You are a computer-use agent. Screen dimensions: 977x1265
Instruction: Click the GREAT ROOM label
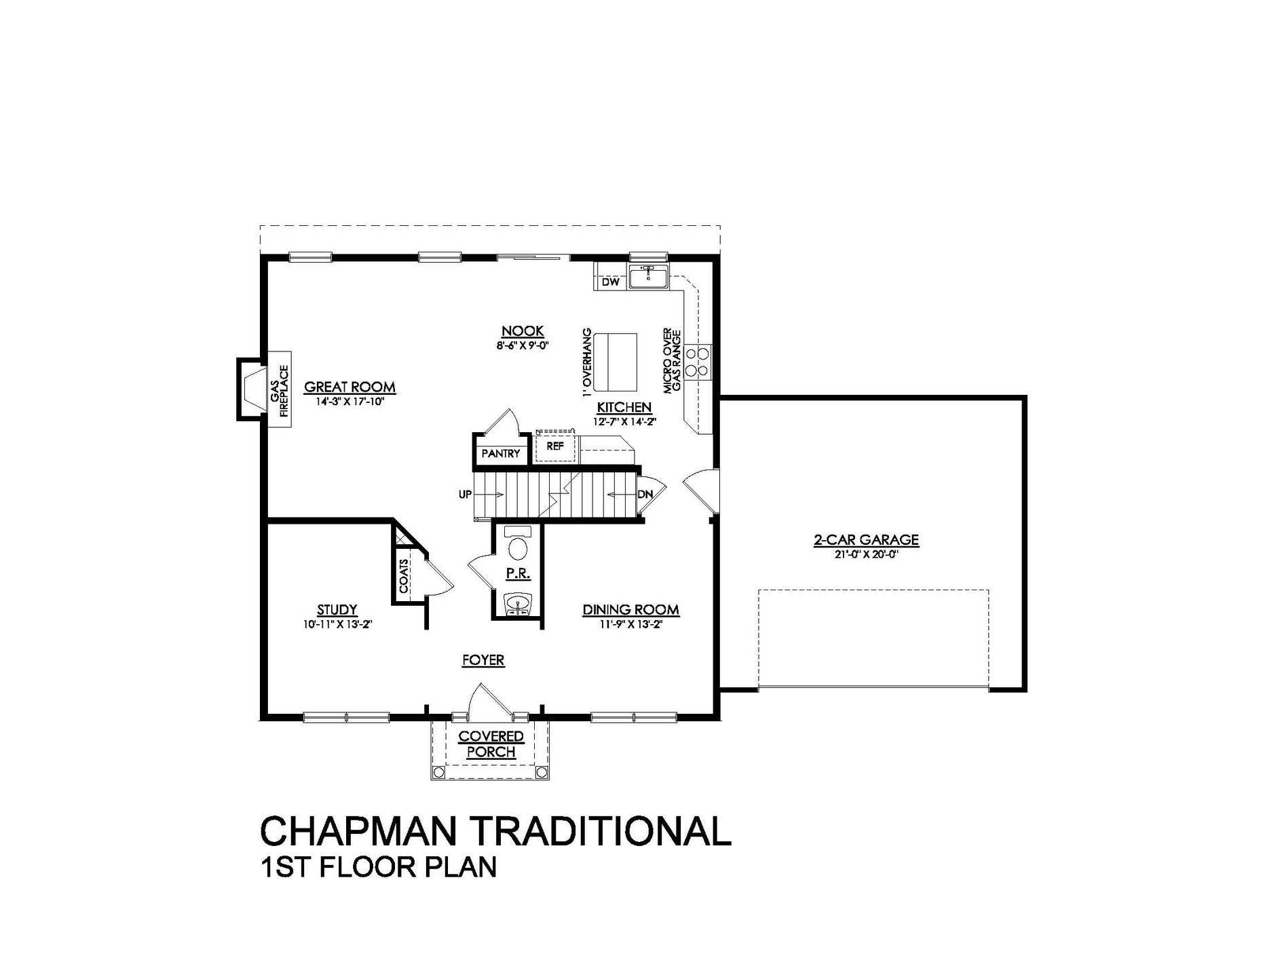(350, 387)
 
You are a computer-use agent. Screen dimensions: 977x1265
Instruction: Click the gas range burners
(698, 361)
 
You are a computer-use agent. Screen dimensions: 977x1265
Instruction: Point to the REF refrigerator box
(554, 446)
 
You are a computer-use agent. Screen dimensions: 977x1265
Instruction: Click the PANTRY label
(500, 454)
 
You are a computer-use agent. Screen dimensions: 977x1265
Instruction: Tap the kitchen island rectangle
(615, 362)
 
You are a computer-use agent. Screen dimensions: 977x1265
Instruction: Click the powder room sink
(518, 604)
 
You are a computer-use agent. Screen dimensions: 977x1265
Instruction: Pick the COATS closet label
(404, 575)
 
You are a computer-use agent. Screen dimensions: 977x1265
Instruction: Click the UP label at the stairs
(465, 495)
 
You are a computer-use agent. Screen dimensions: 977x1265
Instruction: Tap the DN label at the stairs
(645, 494)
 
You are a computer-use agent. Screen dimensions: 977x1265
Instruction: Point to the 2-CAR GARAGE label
(866, 540)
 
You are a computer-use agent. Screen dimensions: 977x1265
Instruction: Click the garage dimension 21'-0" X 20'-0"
(866, 554)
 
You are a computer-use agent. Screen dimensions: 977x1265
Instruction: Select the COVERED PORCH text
(491, 744)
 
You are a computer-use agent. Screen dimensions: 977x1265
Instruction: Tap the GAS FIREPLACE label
(279, 389)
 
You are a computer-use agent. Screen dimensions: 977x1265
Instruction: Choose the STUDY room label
(337, 609)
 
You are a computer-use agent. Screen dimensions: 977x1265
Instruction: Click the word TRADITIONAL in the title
(601, 831)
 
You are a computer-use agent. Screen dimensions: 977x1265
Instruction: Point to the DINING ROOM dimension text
(630, 624)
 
